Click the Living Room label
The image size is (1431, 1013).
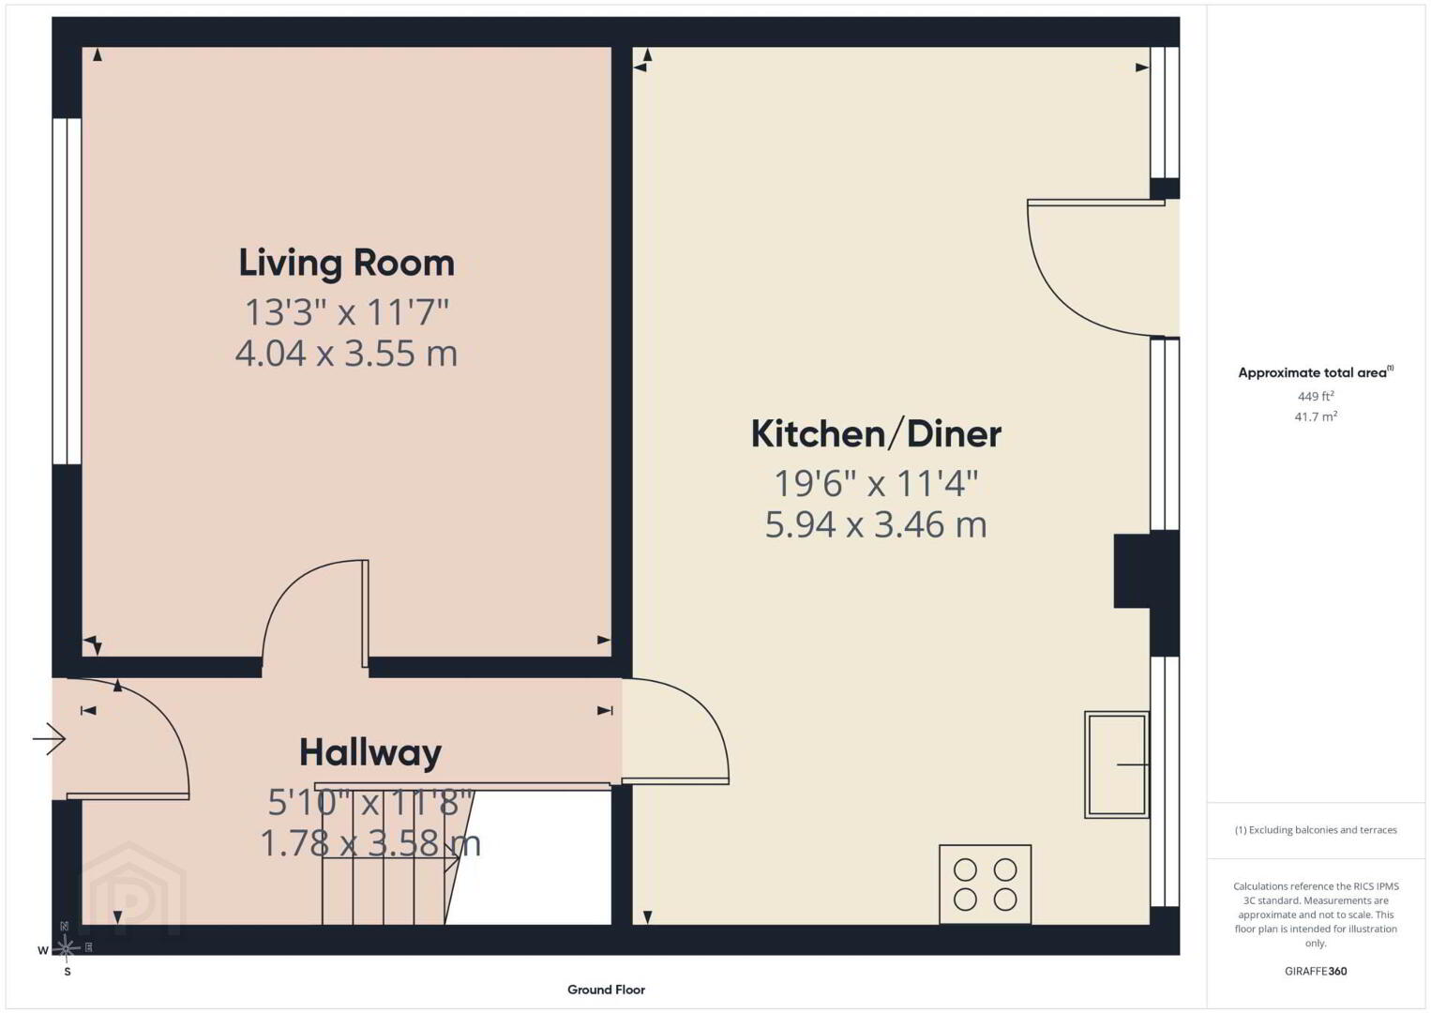(346, 264)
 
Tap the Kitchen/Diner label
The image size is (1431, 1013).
(876, 434)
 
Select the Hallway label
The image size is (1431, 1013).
(370, 752)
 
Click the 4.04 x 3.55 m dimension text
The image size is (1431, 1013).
(346, 354)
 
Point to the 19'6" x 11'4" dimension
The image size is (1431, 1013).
(876, 483)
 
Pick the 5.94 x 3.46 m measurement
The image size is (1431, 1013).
(876, 524)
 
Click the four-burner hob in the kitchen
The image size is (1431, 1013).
(985, 884)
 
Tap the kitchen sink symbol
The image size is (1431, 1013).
(1116, 764)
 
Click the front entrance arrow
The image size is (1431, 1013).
(49, 739)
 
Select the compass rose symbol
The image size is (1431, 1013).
(66, 948)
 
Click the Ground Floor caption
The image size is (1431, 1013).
(607, 990)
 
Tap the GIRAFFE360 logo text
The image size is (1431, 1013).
(1316, 972)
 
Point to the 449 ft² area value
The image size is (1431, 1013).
(1316, 396)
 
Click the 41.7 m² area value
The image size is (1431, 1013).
(1316, 416)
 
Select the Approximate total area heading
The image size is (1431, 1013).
(1316, 372)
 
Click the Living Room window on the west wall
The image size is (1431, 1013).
(67, 291)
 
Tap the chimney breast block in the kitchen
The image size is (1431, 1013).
(1133, 570)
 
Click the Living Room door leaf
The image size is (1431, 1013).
(366, 613)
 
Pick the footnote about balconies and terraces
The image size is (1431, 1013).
(1316, 830)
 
